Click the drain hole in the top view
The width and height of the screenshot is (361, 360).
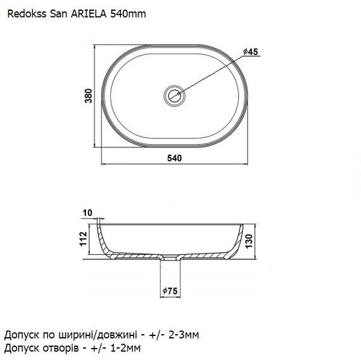coord(174,95)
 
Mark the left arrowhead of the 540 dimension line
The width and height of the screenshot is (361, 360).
coord(105,164)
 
